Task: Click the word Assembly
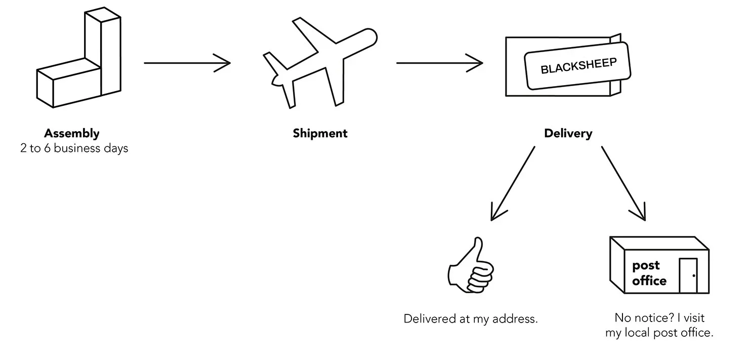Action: tap(72, 134)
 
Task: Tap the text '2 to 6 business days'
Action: tap(74, 149)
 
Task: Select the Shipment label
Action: tap(320, 134)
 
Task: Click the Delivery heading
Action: tap(568, 134)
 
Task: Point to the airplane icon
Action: tap(320, 63)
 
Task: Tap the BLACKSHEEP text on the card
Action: tap(578, 66)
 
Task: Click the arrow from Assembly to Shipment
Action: tap(187, 63)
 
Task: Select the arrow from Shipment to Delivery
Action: tap(439, 63)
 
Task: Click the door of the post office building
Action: tap(688, 275)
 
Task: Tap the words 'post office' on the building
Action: tap(648, 273)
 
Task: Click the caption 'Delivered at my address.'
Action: tap(470, 319)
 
